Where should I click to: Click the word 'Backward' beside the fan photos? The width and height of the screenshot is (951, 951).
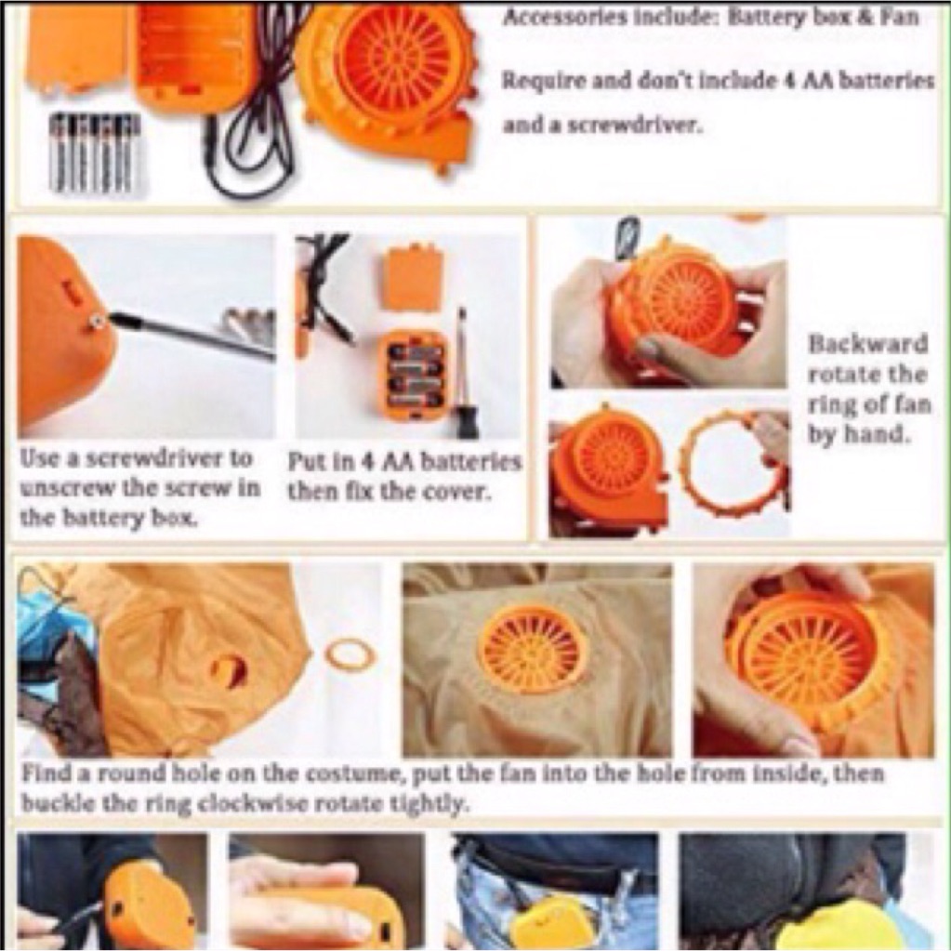[868, 344]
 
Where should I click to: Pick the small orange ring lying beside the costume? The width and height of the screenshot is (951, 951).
[350, 655]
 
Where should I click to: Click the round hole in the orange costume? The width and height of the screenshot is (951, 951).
[230, 671]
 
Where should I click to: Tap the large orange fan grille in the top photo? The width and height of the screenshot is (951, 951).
[396, 58]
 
